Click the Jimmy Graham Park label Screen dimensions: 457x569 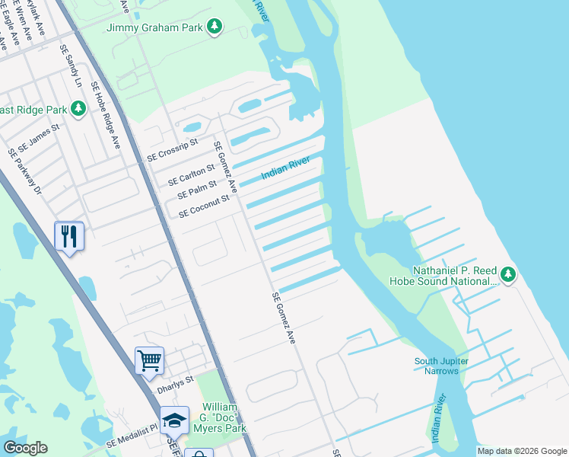157,27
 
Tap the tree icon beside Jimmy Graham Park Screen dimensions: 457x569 216,27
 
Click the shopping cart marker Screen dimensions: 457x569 149,360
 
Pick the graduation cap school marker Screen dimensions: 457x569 174,420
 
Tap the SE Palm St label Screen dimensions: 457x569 197,190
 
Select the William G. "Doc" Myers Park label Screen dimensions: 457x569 223,418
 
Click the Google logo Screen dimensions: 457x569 25,448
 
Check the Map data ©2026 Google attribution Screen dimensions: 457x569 521,451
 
